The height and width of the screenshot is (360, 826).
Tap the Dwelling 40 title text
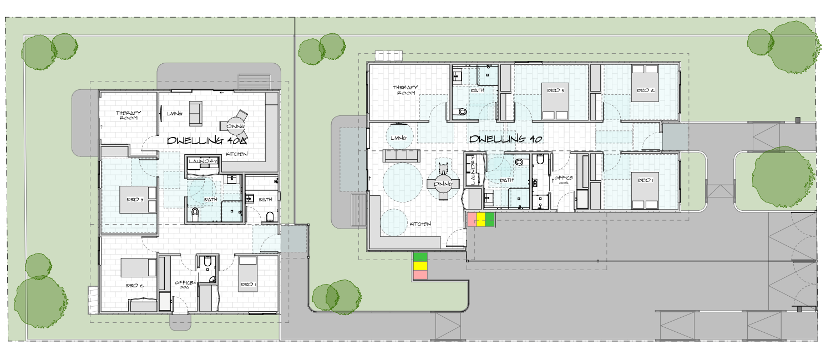click(x=505, y=139)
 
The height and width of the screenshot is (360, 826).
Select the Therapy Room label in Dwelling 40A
click(x=128, y=115)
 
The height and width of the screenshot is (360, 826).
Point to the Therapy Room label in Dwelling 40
click(x=404, y=90)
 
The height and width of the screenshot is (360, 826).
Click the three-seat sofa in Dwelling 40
click(x=400, y=155)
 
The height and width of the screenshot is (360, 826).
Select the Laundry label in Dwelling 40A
click(x=203, y=161)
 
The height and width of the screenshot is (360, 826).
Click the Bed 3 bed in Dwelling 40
click(x=555, y=101)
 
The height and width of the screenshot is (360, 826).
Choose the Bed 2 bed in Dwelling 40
click(x=645, y=84)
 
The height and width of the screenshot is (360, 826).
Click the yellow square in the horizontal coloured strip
click(x=480, y=220)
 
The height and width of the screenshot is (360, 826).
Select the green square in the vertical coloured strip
click(x=420, y=257)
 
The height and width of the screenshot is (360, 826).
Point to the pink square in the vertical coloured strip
click(x=420, y=275)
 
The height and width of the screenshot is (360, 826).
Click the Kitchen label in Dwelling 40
click(x=420, y=224)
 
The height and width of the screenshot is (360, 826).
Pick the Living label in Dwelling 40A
click(x=175, y=114)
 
